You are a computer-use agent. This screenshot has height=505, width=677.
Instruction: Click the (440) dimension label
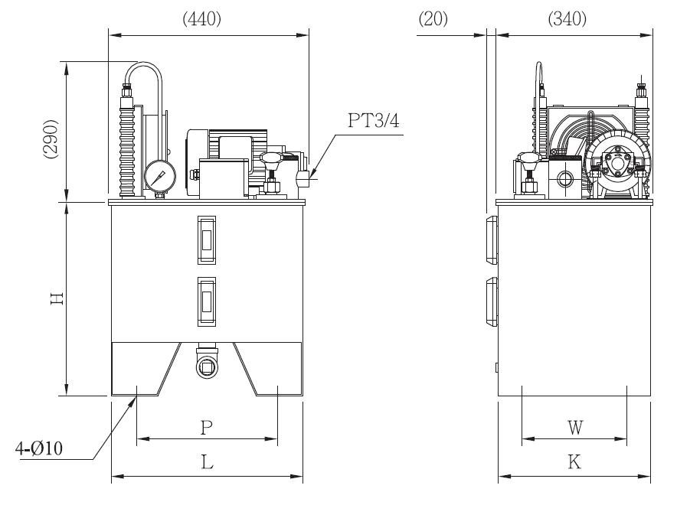(201, 19)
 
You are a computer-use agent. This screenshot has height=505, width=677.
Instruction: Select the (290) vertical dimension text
(51, 138)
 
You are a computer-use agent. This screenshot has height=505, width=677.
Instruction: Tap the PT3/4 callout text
(374, 120)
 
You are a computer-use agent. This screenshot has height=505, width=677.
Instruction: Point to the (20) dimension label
(433, 19)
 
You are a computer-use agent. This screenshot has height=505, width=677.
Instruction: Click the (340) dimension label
(567, 19)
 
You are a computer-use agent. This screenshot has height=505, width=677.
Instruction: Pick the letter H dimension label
(57, 298)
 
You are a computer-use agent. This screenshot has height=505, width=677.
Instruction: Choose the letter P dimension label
(207, 428)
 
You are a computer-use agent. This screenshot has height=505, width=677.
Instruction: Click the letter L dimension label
(208, 462)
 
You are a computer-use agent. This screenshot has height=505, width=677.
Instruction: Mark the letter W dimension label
(575, 428)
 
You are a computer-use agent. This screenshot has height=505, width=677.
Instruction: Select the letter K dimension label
(574, 462)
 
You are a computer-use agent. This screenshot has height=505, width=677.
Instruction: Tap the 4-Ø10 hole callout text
(39, 448)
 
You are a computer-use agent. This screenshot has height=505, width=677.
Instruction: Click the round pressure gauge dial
(160, 176)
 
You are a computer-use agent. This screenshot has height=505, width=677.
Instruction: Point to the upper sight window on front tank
(207, 239)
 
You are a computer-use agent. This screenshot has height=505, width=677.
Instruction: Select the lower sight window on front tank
(207, 301)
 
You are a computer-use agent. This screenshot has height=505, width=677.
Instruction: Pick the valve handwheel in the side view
(529, 158)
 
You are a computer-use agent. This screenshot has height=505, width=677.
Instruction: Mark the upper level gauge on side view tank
(492, 240)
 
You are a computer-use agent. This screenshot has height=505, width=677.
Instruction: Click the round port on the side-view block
(564, 178)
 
